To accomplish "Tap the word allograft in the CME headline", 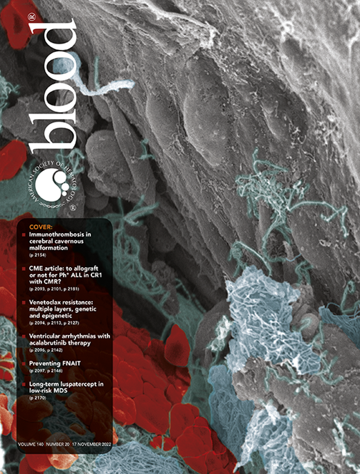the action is pyautogui.click(x=84, y=267).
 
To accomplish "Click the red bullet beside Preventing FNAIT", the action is pyautogui.click(x=24, y=363).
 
